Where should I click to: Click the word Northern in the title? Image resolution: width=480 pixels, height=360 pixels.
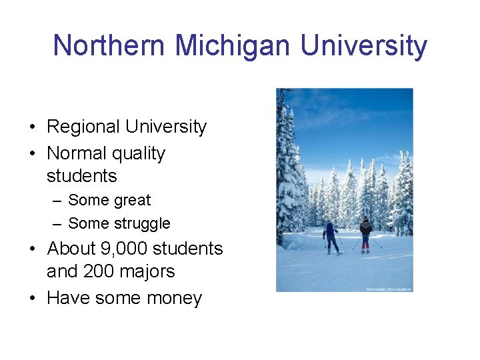[109, 46]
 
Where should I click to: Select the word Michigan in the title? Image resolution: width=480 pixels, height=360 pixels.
[233, 46]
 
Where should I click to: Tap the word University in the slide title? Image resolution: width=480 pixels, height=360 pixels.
[363, 46]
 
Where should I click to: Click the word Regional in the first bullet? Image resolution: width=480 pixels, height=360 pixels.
[83, 127]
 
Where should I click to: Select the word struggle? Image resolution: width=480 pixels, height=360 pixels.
[141, 224]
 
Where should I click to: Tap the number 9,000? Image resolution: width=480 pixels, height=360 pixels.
[125, 249]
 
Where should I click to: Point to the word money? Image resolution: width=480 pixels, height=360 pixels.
[173, 299]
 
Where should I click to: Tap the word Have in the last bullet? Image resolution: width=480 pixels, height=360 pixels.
[68, 298]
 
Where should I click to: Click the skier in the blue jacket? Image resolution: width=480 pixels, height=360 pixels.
[330, 237]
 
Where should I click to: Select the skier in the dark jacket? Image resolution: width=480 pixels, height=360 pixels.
[365, 233]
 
